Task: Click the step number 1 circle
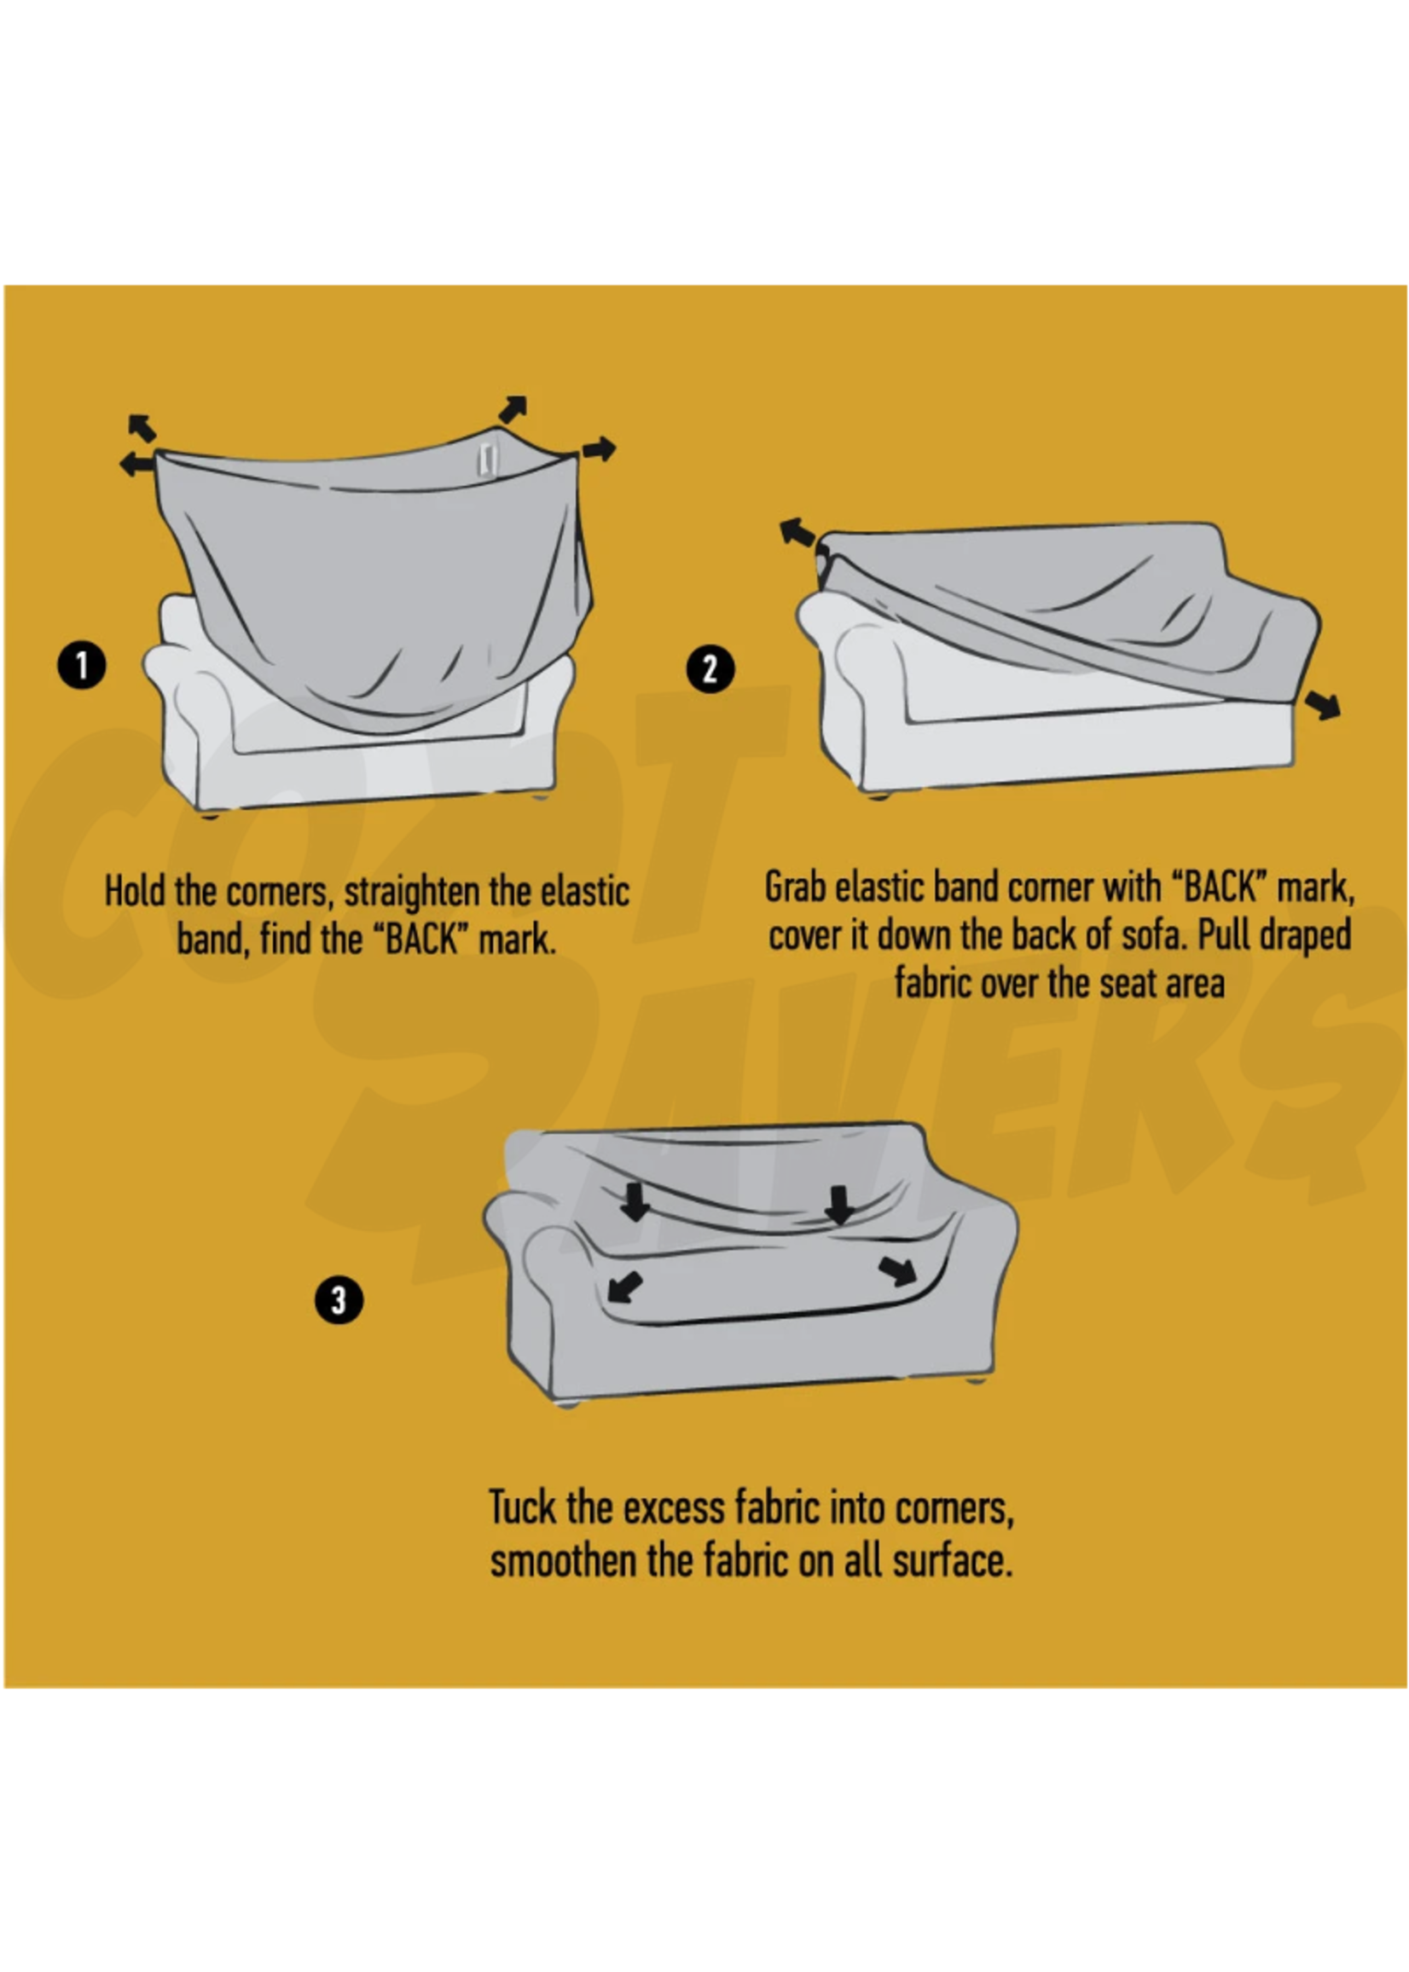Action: (x=82, y=666)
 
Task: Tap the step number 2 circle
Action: (x=710, y=669)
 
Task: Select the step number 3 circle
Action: (x=339, y=1301)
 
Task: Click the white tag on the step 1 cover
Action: (x=488, y=459)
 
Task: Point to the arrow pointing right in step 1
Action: (x=599, y=449)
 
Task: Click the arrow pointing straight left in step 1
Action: (x=136, y=464)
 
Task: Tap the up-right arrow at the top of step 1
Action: (x=513, y=408)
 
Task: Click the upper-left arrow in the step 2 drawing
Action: (x=797, y=532)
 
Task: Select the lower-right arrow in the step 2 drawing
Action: (x=1323, y=705)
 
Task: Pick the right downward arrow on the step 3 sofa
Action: (x=838, y=1206)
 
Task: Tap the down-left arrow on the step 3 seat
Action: (x=623, y=1287)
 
